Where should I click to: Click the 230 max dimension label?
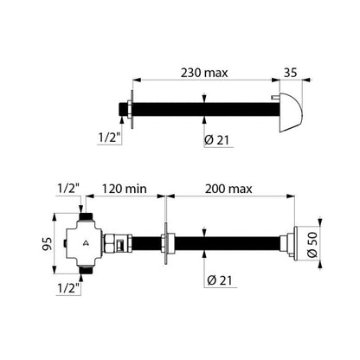pyautogui.click(x=204, y=73)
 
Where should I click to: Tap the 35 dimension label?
pyautogui.click(x=290, y=73)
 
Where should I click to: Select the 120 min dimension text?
pyautogui.click(x=125, y=189)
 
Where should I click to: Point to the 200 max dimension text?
pyautogui.click(x=228, y=189)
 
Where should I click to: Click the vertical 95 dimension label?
pyautogui.click(x=48, y=244)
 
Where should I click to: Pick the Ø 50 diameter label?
pyautogui.click(x=312, y=245)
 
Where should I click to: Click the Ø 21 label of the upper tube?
pyautogui.click(x=216, y=140)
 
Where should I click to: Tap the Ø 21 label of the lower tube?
pyautogui.click(x=220, y=280)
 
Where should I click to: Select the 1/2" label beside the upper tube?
pyautogui.click(x=109, y=138)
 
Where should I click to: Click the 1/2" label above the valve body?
pyautogui.click(x=68, y=189)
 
